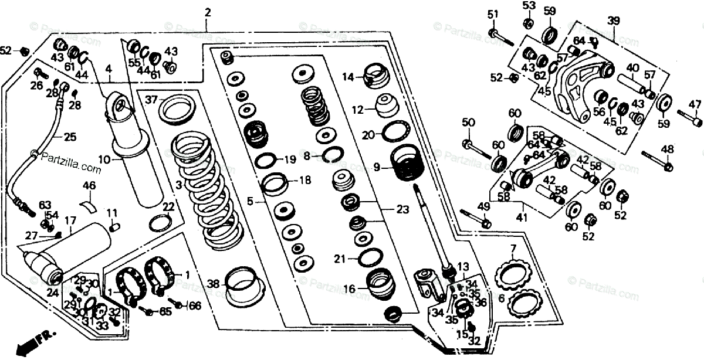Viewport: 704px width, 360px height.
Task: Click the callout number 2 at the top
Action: [207, 11]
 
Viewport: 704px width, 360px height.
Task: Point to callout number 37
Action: [151, 100]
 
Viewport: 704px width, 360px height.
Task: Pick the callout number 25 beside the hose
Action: [70, 138]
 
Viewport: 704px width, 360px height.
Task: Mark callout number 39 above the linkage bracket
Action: [613, 21]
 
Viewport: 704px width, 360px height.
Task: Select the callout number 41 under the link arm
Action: [522, 218]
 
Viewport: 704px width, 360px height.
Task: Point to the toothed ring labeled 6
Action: [524, 303]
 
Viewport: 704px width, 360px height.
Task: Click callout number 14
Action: [348, 77]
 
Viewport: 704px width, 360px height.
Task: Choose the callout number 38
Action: [212, 284]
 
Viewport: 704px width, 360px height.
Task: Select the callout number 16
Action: [350, 288]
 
